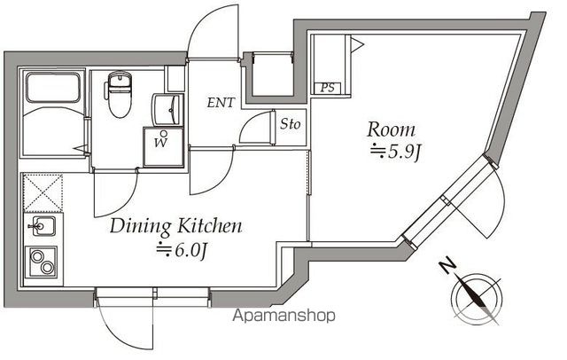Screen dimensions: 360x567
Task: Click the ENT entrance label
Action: click(221, 103)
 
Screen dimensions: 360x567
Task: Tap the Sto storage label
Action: click(290, 125)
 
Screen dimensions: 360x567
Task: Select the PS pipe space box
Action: click(326, 88)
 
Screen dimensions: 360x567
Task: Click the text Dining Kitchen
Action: click(175, 227)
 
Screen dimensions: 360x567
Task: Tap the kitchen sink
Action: click(40, 228)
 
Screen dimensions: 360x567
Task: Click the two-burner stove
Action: click(41, 263)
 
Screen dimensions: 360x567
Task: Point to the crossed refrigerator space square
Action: click(41, 192)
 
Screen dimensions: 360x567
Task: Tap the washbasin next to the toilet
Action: click(165, 110)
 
